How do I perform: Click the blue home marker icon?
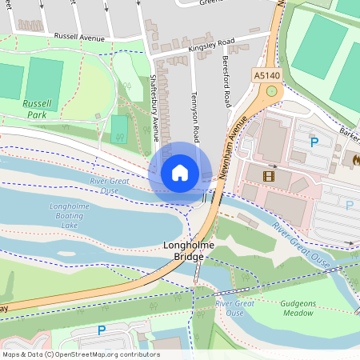coord(180,173)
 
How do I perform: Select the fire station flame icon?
coord(354,159)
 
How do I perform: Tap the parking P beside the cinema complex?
coord(314,142)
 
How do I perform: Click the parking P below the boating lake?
coord(101,330)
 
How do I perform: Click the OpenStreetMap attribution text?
coord(81,354)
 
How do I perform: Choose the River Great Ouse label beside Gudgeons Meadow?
coord(234,308)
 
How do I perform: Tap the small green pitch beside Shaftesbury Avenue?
coord(119,129)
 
